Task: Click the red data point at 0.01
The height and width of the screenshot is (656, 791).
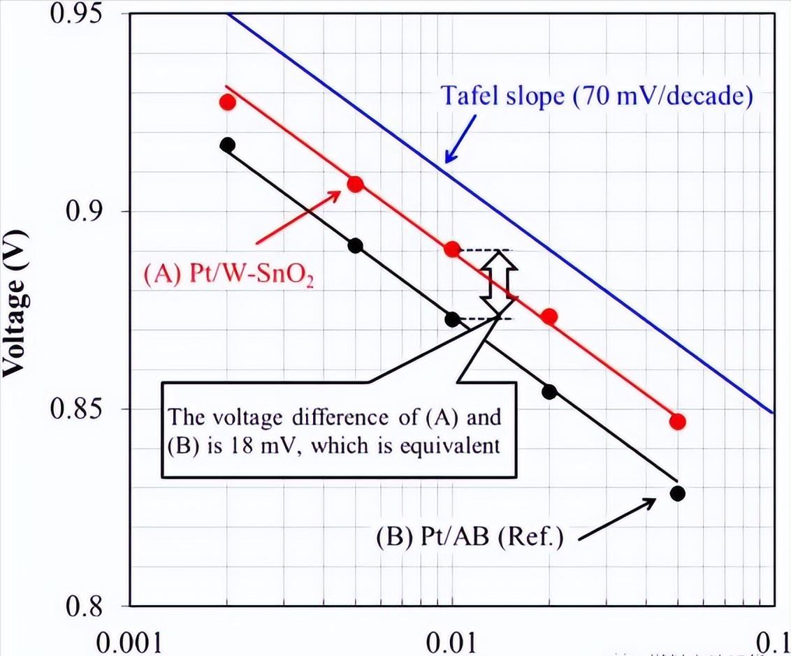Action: coord(452,249)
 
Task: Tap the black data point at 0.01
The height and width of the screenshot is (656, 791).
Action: coord(452,319)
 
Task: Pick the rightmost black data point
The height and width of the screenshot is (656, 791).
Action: coord(677,493)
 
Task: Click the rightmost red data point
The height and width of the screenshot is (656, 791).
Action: coord(677,422)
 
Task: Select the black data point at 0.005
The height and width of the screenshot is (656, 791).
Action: coord(355,246)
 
